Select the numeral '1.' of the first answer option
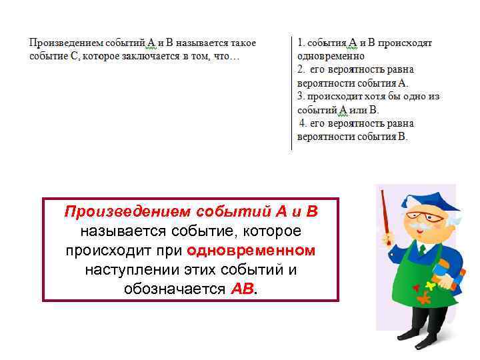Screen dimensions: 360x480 [x=301, y=43]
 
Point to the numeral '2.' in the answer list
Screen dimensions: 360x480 [x=301, y=69]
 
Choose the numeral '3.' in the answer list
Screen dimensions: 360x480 [x=301, y=96]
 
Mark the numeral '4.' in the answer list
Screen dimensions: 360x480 [x=303, y=123]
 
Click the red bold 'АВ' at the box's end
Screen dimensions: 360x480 [x=242, y=289]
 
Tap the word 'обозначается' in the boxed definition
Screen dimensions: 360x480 [x=175, y=289]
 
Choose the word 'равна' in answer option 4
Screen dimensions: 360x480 [x=399, y=123]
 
